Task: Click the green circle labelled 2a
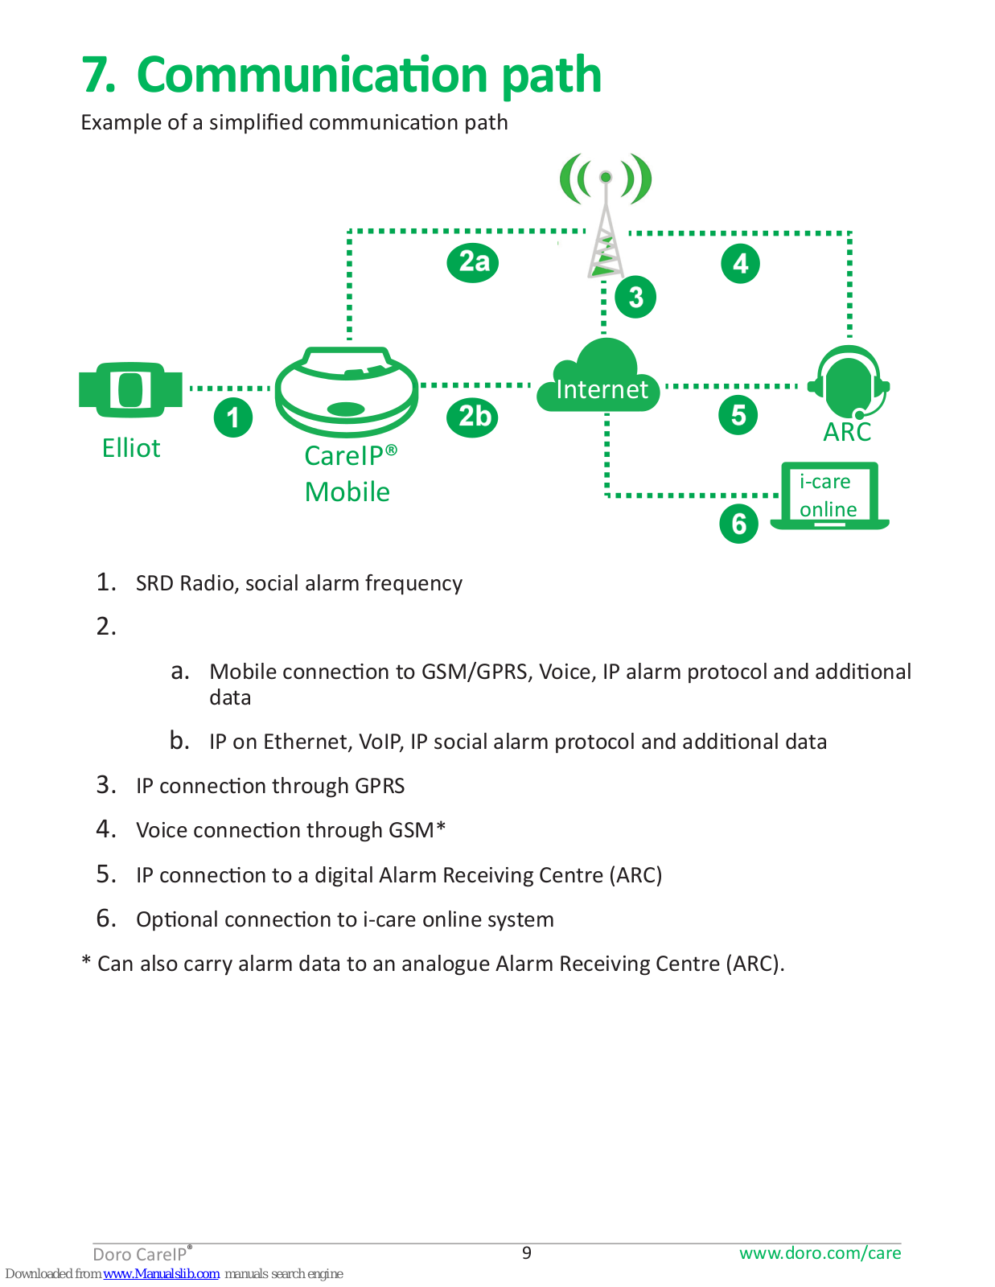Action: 473,262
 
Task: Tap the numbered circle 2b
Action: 474,417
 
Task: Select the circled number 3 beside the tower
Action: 635,297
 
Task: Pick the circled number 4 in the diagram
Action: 741,263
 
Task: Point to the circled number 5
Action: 738,416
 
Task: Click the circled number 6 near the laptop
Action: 739,524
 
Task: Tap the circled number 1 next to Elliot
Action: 233,417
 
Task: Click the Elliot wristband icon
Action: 131,389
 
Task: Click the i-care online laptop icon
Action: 829,496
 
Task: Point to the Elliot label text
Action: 131,448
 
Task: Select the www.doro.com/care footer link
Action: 820,1252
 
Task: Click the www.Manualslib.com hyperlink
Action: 161,1273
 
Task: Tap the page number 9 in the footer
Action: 527,1252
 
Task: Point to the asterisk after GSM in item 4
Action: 441,827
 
